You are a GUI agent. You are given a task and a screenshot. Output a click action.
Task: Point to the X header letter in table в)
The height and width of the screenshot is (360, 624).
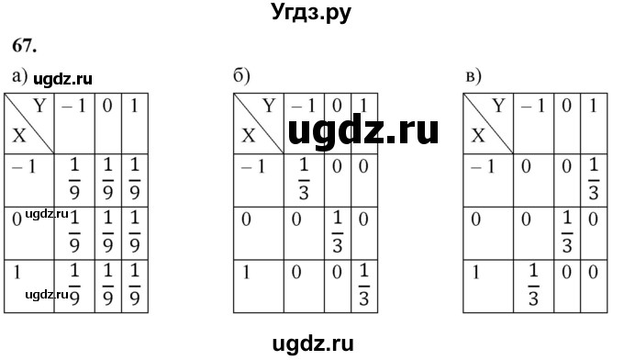click(477, 136)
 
